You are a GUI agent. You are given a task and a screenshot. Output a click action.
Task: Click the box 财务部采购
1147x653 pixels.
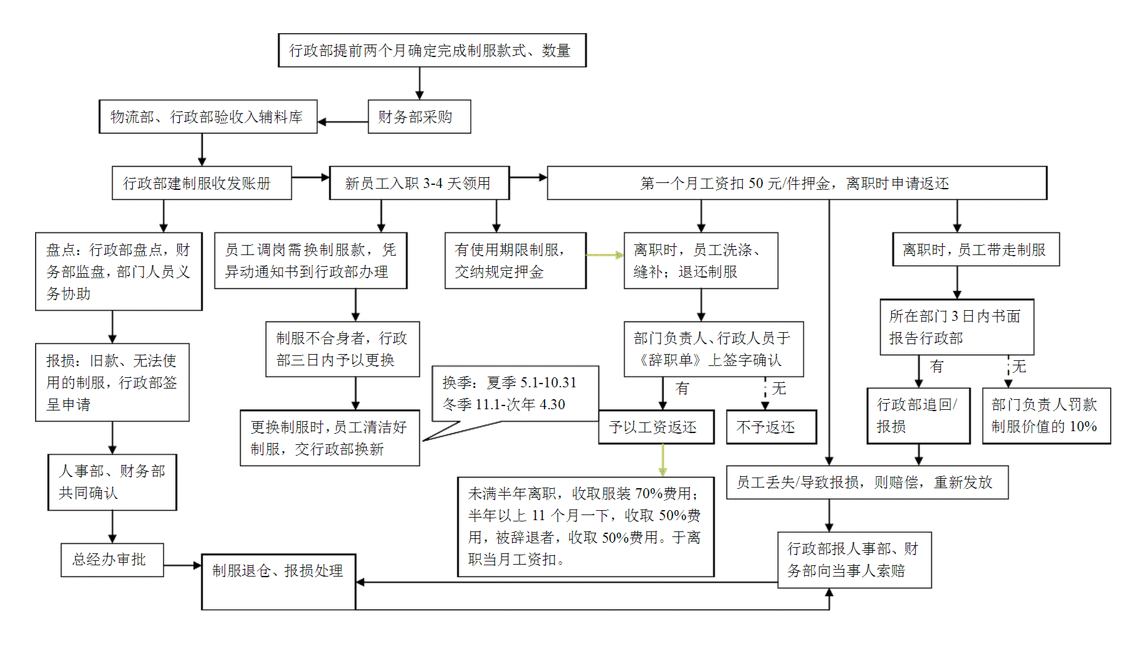click(x=419, y=117)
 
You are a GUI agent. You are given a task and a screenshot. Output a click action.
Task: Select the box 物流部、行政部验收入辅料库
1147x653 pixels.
click(x=207, y=117)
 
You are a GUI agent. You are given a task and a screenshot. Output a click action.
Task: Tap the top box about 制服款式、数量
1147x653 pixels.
click(x=432, y=50)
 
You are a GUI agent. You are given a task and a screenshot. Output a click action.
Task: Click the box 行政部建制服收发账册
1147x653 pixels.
click(x=201, y=183)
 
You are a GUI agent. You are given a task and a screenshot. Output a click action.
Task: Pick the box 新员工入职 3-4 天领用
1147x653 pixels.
click(x=419, y=183)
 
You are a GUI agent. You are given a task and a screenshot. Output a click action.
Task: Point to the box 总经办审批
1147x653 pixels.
click(x=112, y=560)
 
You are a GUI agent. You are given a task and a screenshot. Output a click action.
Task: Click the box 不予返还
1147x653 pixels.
click(x=771, y=427)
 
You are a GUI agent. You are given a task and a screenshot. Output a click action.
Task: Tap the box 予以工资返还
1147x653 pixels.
click(x=656, y=427)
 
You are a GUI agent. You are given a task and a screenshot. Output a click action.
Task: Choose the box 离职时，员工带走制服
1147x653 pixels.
click(x=975, y=249)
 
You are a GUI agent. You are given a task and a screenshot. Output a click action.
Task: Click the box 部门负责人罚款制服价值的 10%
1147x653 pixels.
click(x=1045, y=415)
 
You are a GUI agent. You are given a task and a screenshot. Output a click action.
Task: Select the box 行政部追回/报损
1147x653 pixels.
click(x=918, y=415)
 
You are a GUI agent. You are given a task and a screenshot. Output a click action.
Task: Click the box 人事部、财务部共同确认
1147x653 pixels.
click(x=112, y=482)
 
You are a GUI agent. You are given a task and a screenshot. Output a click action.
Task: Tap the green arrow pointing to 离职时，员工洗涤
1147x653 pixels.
click(x=605, y=255)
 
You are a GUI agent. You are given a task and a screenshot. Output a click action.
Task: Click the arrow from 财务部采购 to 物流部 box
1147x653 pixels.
click(x=342, y=122)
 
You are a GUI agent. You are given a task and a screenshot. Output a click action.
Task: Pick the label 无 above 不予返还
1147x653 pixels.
click(x=778, y=389)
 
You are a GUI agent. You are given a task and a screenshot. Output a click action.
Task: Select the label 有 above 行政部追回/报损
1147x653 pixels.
click(x=936, y=367)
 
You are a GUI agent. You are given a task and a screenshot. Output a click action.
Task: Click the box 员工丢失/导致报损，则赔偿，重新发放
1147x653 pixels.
click(x=867, y=482)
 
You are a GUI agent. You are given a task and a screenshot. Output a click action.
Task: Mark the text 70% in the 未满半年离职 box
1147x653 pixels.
click(x=647, y=494)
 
